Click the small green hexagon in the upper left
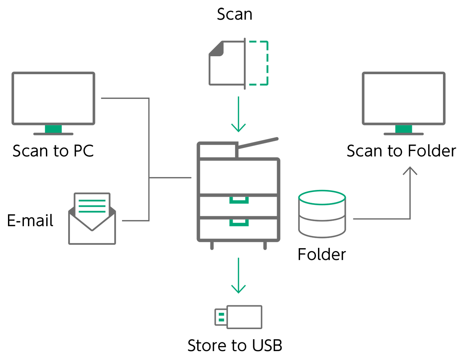pyautogui.click(x=53, y=128)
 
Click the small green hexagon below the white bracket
pyautogui.click(x=403, y=128)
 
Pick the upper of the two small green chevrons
pyautogui.click(x=238, y=203)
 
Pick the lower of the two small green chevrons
pyautogui.click(x=238, y=226)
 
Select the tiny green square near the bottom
pyautogui.click(x=221, y=317)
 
